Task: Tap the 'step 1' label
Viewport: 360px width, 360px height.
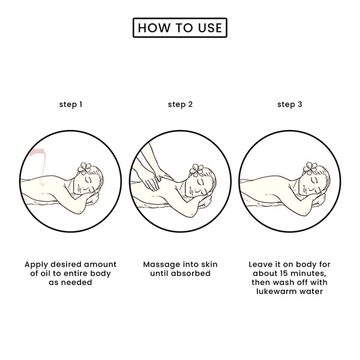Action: [x=71, y=104]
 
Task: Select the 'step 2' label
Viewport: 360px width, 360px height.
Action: [x=180, y=104]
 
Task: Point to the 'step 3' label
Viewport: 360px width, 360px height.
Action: [x=290, y=104]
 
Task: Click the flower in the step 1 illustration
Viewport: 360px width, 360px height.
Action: [x=84, y=169]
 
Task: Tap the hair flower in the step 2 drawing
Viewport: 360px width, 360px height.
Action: [x=196, y=170]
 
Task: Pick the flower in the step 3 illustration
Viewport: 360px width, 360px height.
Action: [x=310, y=168]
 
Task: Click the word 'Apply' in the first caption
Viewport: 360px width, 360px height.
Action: [x=37, y=265]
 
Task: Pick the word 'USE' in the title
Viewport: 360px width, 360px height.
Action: [x=210, y=28]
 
